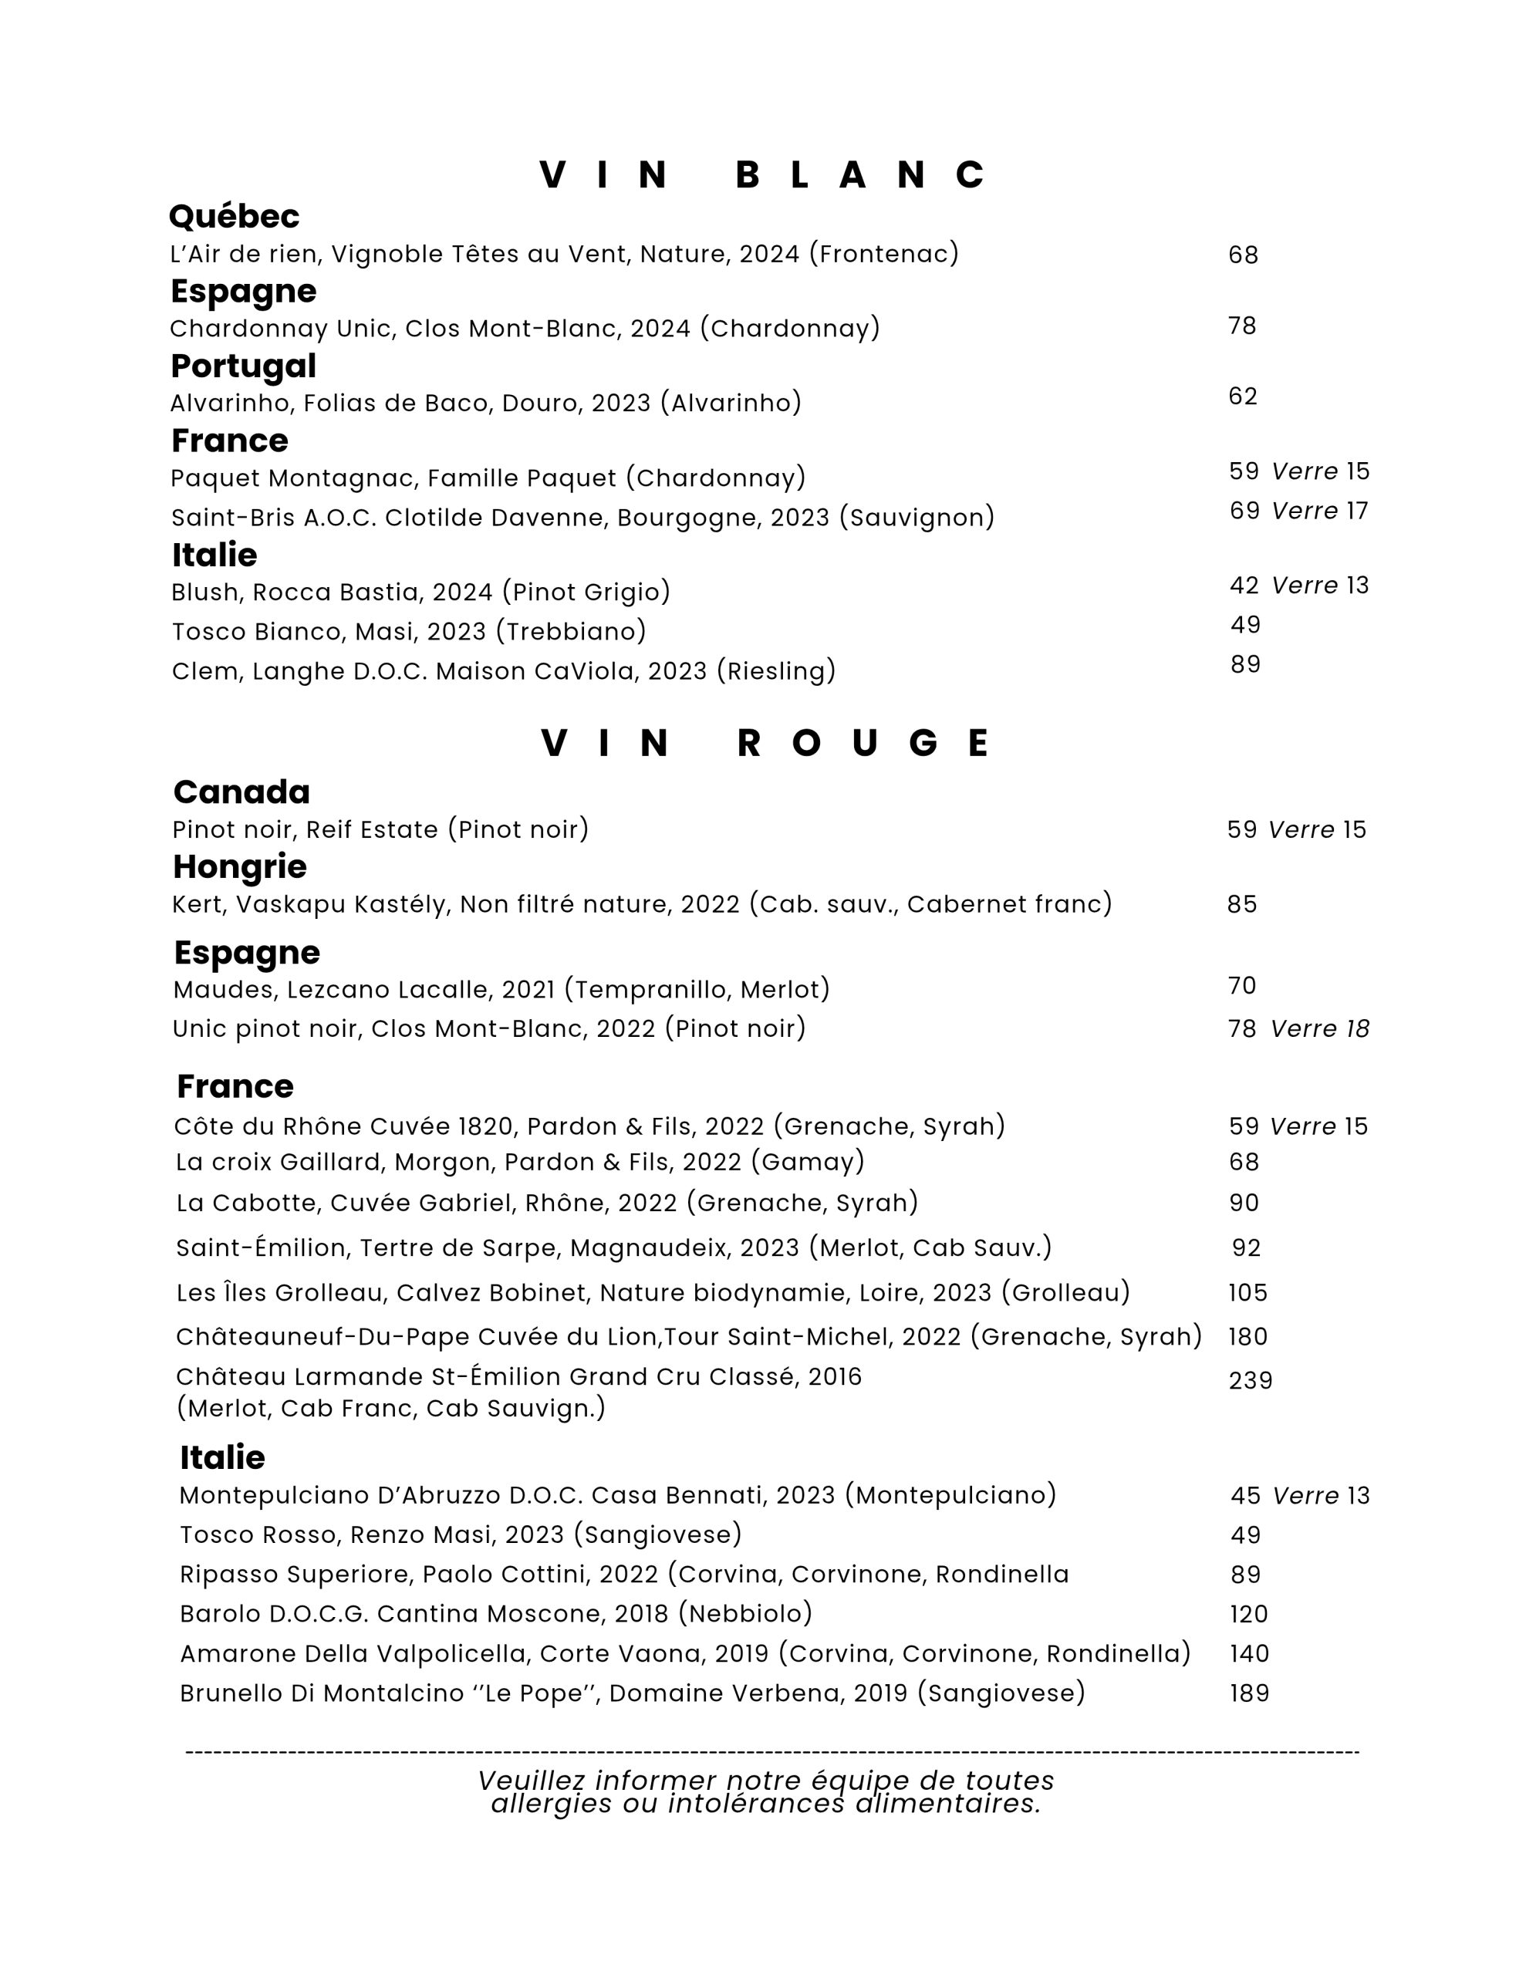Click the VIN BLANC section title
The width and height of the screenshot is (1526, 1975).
tap(762, 174)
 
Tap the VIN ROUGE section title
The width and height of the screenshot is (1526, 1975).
tap(765, 744)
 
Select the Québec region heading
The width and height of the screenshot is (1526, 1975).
tap(234, 216)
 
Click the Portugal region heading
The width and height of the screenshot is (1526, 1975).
tap(243, 366)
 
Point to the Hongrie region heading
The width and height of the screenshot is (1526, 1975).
tap(240, 866)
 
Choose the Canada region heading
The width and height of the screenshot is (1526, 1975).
tap(241, 792)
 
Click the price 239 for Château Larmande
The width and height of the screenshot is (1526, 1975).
tap(1250, 1381)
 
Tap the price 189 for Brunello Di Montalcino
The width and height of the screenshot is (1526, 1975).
tap(1249, 1693)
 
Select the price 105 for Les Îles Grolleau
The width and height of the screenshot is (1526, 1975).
tap(1247, 1292)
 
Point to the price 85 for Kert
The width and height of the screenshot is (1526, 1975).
tap(1242, 904)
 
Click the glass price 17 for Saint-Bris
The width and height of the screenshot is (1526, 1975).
tap(1357, 511)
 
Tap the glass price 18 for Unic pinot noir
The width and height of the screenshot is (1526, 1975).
tap(1357, 1028)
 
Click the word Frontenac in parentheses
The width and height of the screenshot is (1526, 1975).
tap(884, 254)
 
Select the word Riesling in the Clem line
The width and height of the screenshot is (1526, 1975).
tap(776, 671)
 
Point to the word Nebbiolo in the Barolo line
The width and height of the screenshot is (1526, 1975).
tap(744, 1613)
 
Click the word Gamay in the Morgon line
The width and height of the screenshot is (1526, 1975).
tap(808, 1161)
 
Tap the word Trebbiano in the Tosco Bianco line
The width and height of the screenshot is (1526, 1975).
tap(571, 631)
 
